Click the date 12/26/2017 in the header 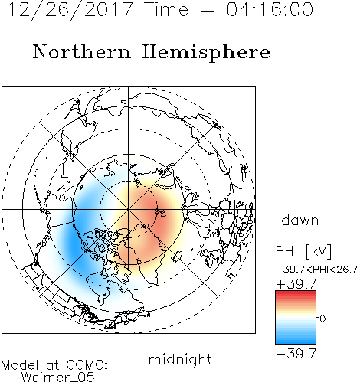70,10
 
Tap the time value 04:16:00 270,9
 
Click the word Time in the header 166,9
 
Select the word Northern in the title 82,51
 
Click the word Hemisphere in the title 206,53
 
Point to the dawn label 300,220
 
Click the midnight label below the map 180,359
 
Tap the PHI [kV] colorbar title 303,251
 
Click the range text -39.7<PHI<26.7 316,270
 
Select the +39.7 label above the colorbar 296,284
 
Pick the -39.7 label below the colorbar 296,354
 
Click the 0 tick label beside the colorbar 322,319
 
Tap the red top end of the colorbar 296,293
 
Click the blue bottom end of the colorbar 296,342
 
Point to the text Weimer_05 58,378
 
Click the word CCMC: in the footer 87,365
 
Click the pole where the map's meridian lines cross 129,209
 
